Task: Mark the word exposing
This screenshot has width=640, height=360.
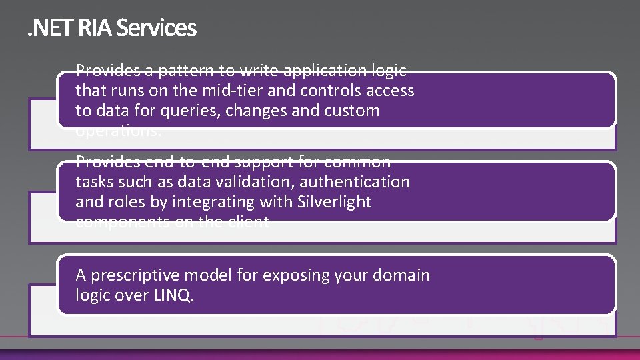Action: [x=294, y=275]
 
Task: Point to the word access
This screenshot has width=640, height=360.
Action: [x=391, y=91]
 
